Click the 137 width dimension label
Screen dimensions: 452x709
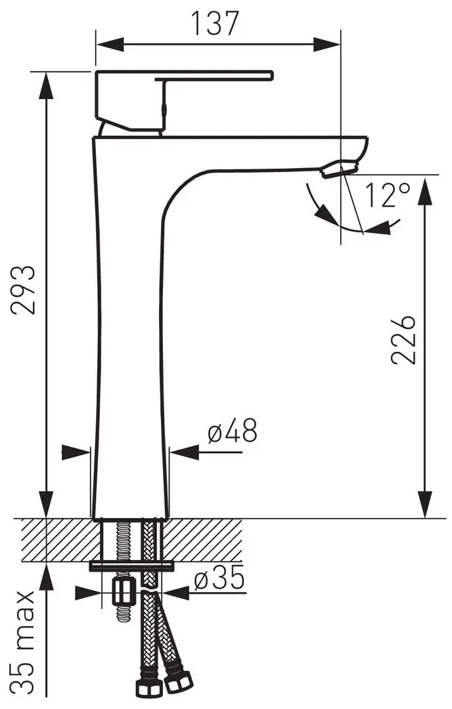coord(215,23)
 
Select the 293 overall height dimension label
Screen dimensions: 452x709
coord(23,290)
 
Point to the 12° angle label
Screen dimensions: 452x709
coord(388,194)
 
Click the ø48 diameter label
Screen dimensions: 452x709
coord(233,430)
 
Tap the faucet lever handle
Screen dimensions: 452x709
coord(184,100)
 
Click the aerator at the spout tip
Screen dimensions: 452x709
coord(340,169)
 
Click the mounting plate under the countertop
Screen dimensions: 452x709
coord(132,566)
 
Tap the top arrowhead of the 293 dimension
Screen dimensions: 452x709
coord(46,85)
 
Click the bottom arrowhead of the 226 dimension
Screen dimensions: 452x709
coord(425,504)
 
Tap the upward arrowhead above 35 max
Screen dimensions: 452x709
coord(46,576)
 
